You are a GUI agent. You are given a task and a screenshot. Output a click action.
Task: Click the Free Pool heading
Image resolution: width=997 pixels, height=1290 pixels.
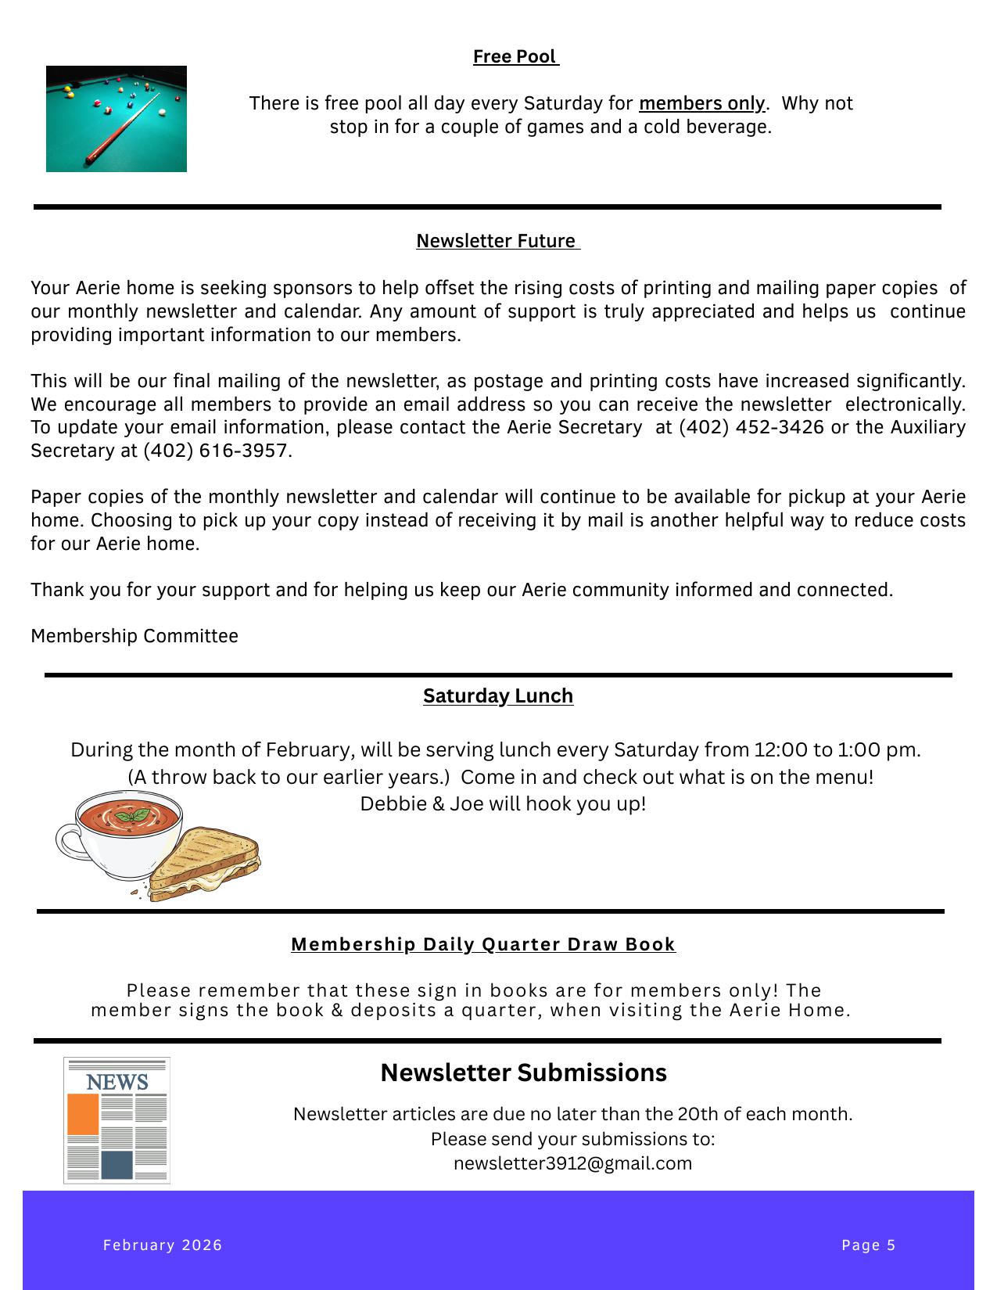[x=515, y=57]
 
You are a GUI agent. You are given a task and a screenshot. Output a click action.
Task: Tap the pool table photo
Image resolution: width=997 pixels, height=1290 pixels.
[x=117, y=119]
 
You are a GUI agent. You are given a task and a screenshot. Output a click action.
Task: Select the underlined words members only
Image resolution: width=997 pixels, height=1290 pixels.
[x=701, y=104]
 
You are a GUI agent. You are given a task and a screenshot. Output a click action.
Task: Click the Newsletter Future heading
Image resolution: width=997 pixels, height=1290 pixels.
[x=497, y=241]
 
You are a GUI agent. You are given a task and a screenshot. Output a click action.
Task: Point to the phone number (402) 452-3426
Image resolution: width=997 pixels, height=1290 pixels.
[x=751, y=427]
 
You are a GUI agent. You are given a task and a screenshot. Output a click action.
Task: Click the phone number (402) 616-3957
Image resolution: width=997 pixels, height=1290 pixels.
[x=215, y=451]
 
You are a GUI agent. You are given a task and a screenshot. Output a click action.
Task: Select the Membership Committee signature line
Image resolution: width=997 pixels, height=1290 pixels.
[x=134, y=636]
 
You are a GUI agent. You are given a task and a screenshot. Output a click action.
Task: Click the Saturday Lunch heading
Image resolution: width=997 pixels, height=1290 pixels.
[x=498, y=695]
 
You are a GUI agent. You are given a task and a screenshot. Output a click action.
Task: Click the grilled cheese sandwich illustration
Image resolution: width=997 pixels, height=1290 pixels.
[x=205, y=864]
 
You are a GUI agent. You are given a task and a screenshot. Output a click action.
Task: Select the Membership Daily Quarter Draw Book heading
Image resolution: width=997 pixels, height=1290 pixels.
[x=483, y=944]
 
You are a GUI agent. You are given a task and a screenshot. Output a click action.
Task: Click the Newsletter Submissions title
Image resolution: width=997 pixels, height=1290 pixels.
[x=523, y=1073]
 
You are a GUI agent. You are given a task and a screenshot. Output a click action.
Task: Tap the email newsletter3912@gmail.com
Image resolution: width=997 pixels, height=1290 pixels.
[x=572, y=1163]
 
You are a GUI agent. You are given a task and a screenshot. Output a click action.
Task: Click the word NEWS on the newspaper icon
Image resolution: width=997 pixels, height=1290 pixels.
[x=117, y=1083]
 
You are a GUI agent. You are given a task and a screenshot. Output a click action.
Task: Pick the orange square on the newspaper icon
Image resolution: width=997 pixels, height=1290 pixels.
[x=84, y=1115]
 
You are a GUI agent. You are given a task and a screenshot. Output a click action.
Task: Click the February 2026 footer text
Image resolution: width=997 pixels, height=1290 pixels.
[x=163, y=1245]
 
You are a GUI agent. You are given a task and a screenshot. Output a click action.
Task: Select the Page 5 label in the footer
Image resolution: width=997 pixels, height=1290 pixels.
[x=868, y=1245]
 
